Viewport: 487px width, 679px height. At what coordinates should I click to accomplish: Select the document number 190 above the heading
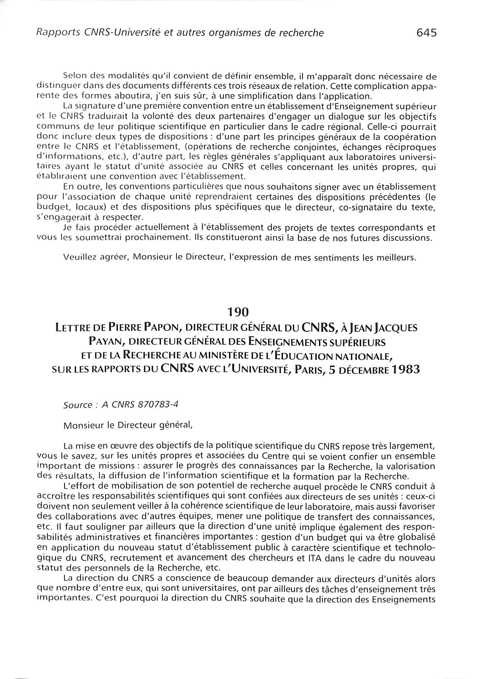[x=238, y=312]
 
